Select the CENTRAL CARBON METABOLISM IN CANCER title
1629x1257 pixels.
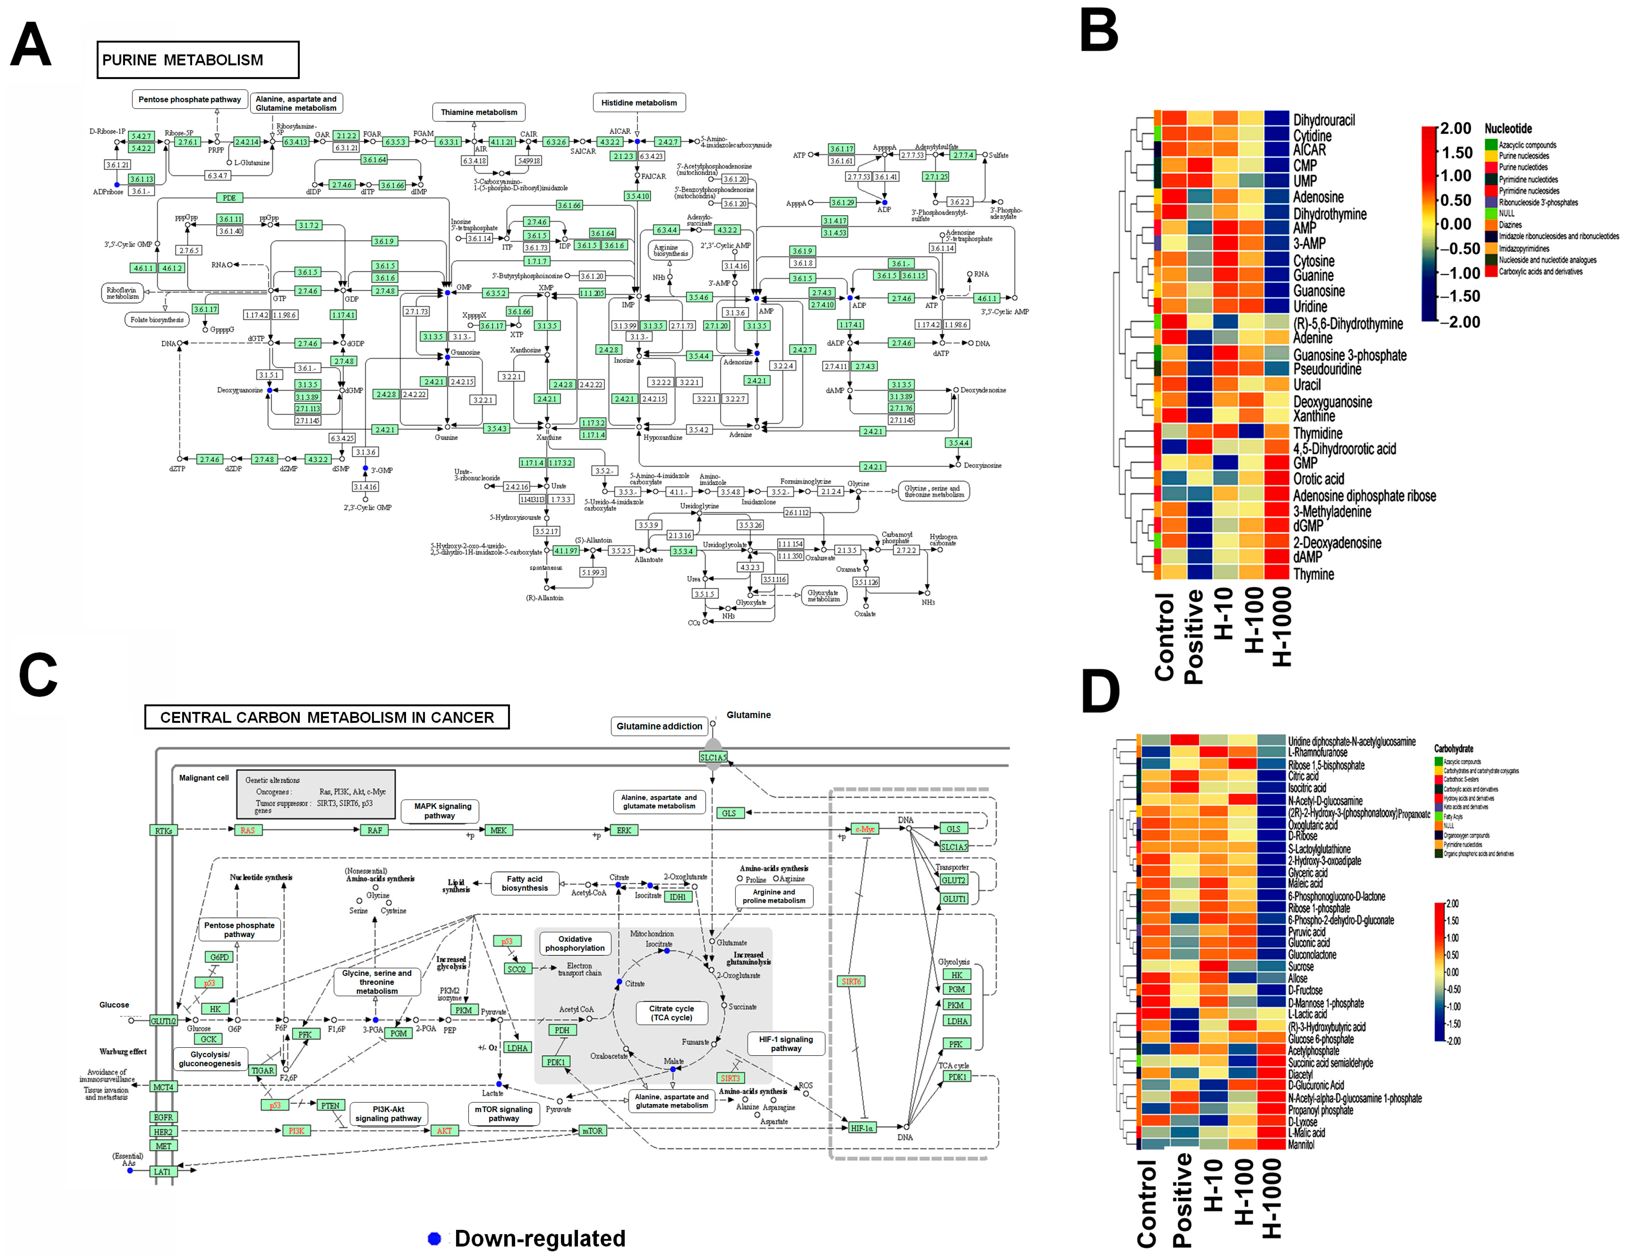[327, 717]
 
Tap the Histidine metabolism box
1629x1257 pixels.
[639, 103]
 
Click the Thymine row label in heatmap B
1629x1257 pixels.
[1313, 574]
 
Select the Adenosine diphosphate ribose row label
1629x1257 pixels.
[1364, 496]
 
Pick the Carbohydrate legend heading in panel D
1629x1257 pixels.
[1453, 749]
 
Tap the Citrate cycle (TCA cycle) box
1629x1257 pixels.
[671, 1013]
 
